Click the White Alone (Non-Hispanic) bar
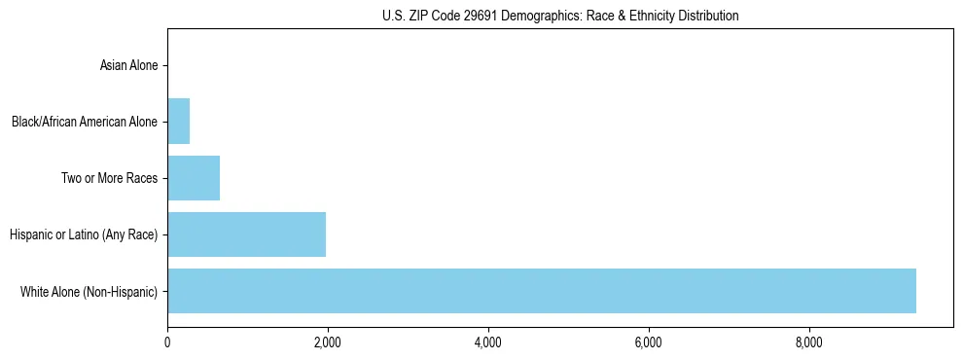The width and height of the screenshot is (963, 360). (541, 291)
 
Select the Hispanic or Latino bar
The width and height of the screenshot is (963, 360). (246, 234)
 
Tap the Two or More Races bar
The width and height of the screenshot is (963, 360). (194, 178)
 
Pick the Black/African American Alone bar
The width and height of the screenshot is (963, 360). (178, 122)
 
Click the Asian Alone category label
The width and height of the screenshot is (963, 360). (128, 66)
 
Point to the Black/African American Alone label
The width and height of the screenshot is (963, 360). (85, 123)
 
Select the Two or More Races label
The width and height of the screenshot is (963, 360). (109, 179)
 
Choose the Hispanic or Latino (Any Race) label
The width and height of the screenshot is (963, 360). (83, 234)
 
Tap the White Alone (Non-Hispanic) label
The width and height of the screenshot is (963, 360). (89, 291)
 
